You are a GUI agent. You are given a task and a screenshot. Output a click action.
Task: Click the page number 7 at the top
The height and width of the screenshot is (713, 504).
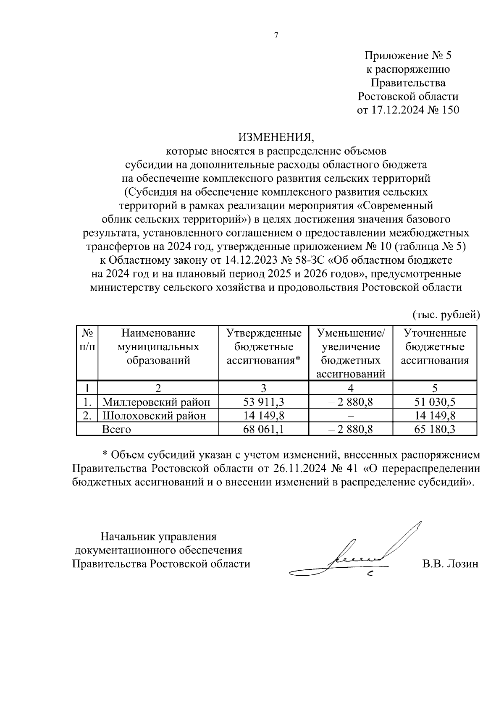(x=276, y=36)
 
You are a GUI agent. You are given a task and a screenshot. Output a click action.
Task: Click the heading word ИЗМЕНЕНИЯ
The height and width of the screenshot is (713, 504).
(x=276, y=137)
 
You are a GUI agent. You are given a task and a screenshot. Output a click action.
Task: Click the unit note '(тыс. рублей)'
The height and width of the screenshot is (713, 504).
(x=446, y=314)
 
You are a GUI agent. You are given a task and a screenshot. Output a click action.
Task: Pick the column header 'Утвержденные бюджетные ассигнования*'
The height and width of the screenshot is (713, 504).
(x=264, y=347)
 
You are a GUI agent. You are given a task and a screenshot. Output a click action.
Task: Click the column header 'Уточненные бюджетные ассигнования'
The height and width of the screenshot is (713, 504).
(x=435, y=347)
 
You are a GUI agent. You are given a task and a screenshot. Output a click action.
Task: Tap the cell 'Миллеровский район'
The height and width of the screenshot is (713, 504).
(x=156, y=402)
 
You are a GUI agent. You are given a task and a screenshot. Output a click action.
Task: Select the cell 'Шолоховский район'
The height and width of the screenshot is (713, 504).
(x=154, y=415)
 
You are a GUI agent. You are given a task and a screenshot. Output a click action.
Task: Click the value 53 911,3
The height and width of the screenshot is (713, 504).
(x=264, y=402)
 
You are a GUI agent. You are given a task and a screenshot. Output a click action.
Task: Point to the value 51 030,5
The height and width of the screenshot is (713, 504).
(x=435, y=402)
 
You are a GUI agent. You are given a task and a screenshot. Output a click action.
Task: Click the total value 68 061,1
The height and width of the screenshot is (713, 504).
(x=264, y=429)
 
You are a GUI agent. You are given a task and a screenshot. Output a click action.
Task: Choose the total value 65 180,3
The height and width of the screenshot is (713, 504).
(x=435, y=429)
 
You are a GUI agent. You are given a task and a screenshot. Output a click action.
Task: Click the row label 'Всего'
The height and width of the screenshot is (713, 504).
(x=117, y=429)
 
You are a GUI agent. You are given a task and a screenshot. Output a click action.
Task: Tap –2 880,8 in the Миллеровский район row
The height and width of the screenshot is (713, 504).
(x=350, y=402)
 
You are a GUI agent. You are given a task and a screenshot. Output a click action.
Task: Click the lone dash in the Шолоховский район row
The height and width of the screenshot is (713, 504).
(x=351, y=416)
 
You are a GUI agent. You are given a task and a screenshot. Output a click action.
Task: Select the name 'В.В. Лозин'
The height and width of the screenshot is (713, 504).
(x=450, y=564)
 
